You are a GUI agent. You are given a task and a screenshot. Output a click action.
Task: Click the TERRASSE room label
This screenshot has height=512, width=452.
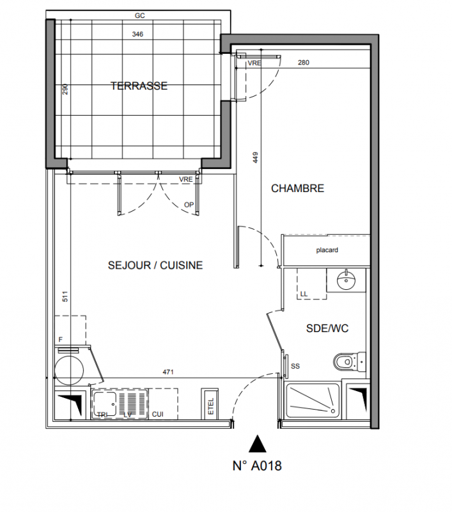[x=139, y=86]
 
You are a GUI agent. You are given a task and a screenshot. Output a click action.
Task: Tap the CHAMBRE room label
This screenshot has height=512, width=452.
[x=297, y=188]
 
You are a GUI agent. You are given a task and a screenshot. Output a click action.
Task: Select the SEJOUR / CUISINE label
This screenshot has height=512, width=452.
[x=155, y=265]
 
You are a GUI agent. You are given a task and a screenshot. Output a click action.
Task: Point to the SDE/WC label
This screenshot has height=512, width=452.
[x=327, y=328]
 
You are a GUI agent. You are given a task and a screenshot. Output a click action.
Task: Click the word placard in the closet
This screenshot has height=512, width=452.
[x=327, y=250]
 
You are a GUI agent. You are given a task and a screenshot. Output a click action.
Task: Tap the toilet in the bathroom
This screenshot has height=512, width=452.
[x=349, y=362]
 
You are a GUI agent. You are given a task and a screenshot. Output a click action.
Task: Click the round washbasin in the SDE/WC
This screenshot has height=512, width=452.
[x=346, y=280]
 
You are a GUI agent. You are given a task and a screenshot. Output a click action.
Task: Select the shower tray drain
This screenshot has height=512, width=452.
[x=333, y=411]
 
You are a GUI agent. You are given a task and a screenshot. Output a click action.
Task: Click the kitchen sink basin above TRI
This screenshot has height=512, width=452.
[x=104, y=404]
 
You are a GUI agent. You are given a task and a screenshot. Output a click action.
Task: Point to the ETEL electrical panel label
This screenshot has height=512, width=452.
[x=211, y=406]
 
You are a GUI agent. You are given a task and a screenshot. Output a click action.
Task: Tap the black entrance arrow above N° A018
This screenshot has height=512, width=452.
[x=257, y=444]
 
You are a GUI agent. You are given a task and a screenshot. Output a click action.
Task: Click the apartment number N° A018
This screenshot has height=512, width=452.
[x=257, y=466]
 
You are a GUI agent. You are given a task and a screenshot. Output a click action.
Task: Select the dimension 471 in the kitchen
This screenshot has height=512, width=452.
[x=168, y=372]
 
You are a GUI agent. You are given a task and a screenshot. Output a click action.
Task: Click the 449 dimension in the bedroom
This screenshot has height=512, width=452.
[x=255, y=157]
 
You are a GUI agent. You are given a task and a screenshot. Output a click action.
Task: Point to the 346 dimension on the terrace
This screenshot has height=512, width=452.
[x=137, y=34]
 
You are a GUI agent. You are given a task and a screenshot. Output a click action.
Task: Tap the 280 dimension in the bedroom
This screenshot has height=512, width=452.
[x=303, y=62]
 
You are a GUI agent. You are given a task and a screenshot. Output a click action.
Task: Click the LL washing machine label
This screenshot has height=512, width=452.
[x=304, y=294]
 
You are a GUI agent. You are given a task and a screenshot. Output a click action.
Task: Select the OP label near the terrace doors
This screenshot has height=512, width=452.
[x=189, y=205]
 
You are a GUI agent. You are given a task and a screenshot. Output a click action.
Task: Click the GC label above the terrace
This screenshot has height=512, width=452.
[x=139, y=15]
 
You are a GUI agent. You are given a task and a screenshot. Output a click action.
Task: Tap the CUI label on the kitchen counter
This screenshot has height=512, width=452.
[x=157, y=414]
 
